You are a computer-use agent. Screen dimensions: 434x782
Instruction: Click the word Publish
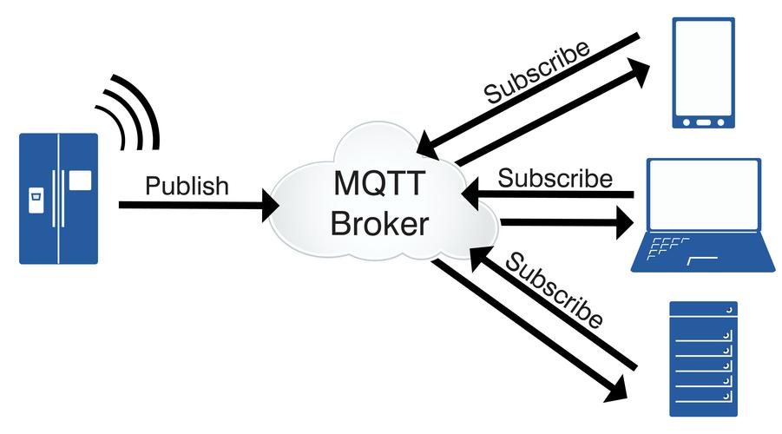point(187,186)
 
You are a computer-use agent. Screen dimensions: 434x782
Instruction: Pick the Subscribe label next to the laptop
point(555,179)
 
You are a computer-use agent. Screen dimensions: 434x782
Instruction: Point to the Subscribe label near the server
point(555,291)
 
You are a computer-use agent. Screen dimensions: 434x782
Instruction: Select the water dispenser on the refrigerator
point(35,199)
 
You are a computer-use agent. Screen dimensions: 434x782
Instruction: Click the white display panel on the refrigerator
point(80,181)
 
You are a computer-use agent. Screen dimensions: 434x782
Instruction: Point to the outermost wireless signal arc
point(139,104)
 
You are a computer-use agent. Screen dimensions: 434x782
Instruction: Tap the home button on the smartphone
point(705,122)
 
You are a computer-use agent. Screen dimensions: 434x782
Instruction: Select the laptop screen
point(704,195)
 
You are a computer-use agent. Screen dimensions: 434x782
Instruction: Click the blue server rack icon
point(703,358)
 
